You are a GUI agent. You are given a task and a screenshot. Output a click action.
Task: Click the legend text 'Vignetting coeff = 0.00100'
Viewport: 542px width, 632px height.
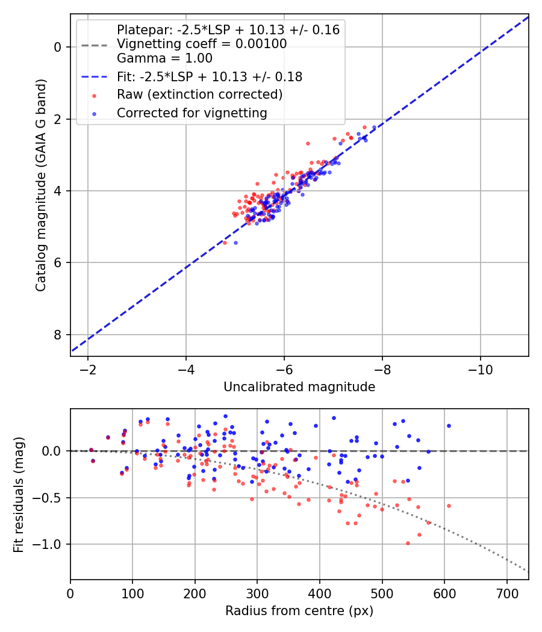click(x=202, y=44)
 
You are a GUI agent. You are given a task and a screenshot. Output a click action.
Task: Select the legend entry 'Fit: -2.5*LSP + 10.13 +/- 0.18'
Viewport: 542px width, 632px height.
click(x=210, y=77)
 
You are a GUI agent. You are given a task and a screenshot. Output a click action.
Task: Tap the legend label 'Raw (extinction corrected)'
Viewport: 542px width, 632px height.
click(x=199, y=94)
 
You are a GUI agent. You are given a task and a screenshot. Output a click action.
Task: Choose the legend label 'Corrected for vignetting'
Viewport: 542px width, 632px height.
click(x=192, y=113)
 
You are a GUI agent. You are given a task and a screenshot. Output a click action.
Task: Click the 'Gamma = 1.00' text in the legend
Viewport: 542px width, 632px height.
click(x=164, y=58)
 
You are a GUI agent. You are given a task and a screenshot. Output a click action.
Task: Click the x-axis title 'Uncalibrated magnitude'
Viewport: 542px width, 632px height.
click(x=299, y=387)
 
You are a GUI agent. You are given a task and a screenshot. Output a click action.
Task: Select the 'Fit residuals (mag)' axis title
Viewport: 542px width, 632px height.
click(x=19, y=494)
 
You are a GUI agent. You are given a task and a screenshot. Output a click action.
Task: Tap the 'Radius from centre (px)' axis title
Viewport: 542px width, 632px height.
click(x=299, y=611)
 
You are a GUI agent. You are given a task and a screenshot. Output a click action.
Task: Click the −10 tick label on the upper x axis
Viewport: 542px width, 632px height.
click(x=480, y=368)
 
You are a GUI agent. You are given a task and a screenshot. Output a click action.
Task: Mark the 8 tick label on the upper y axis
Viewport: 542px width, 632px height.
click(x=58, y=335)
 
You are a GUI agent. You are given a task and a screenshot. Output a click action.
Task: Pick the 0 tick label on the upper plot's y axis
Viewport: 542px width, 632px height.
click(x=58, y=47)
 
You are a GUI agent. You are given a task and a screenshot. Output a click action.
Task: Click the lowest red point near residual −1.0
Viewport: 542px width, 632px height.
click(x=408, y=543)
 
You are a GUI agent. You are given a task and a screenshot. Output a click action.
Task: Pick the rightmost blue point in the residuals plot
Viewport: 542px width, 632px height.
click(x=449, y=426)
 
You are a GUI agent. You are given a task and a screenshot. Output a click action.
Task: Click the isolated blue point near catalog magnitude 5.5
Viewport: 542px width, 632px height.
click(x=235, y=243)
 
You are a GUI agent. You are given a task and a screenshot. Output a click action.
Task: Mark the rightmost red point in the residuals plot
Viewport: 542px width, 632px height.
click(x=449, y=506)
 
